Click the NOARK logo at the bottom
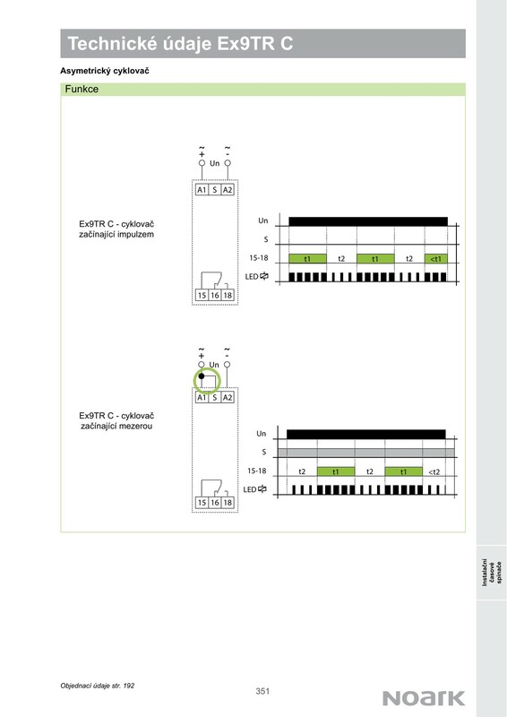pos(424,698)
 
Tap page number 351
pos(262,691)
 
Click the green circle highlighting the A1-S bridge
pos(207,382)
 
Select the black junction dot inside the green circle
pos(202,376)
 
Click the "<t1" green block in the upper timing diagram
pos(435,259)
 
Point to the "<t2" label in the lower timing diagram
pos(434,472)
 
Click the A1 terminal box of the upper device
pos(202,190)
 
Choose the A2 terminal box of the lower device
pos(228,397)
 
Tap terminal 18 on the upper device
pos(228,295)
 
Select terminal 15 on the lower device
pos(202,503)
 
